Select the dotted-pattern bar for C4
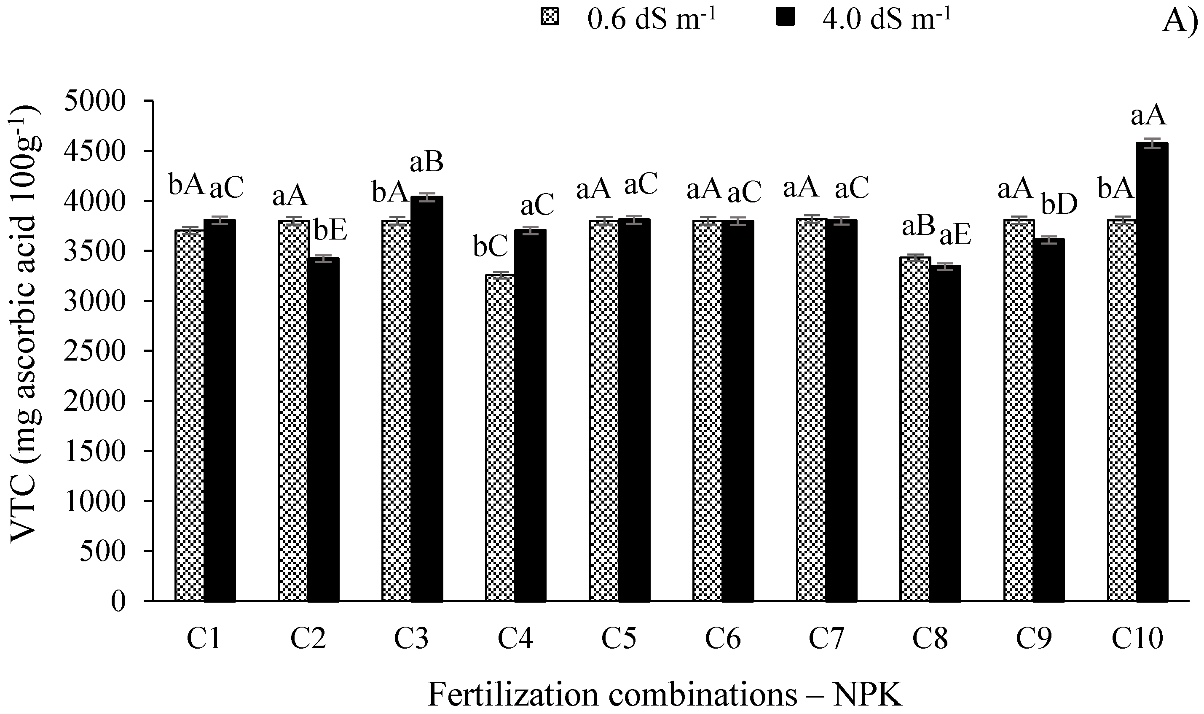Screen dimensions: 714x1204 click(500, 438)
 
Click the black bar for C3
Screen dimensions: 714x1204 click(427, 399)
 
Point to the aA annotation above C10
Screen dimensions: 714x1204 click(1148, 116)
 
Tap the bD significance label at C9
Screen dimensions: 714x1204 click(1059, 205)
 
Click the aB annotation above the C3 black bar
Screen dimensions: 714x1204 click(426, 163)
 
